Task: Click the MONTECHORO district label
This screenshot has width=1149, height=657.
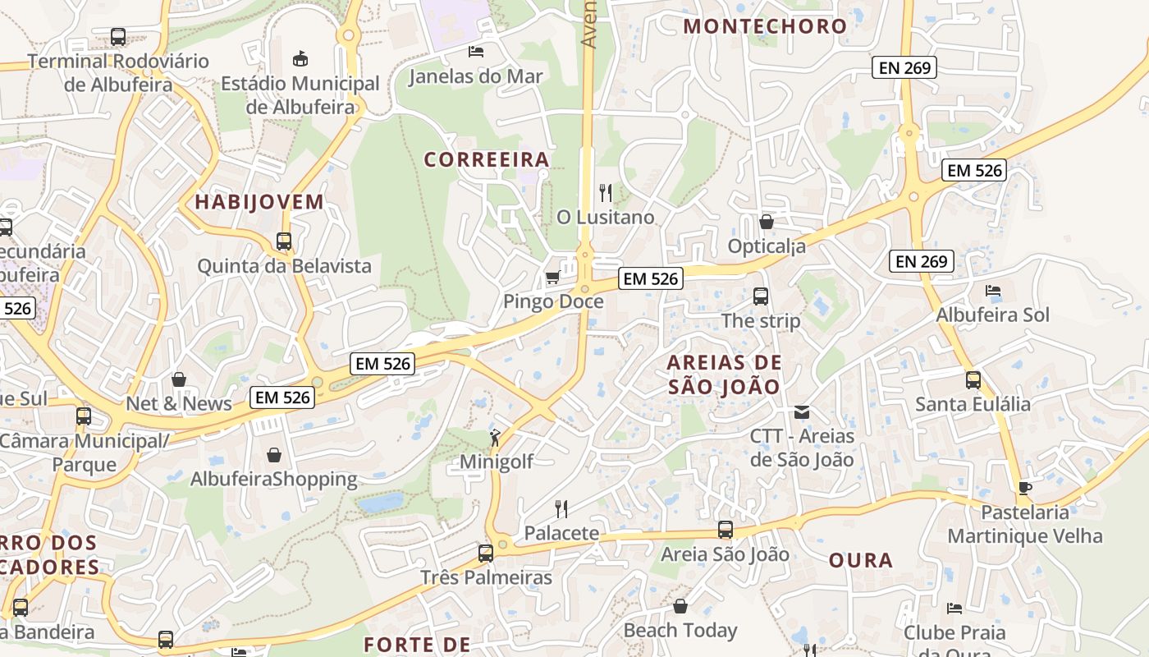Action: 765,26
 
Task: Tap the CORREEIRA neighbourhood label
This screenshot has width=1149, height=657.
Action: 487,159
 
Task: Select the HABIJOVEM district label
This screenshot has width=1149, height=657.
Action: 259,202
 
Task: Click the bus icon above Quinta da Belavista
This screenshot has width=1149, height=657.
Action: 284,241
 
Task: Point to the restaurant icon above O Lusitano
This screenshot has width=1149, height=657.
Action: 606,193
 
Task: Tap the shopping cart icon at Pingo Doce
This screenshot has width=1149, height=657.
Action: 553,278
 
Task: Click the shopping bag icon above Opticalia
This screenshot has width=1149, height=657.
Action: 767,222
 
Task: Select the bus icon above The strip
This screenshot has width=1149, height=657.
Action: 761,296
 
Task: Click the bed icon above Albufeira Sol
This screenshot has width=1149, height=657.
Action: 993,291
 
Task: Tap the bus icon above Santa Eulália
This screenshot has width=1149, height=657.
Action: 973,379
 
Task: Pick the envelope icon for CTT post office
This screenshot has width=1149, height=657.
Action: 802,412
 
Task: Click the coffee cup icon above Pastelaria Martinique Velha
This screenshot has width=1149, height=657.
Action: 1024,488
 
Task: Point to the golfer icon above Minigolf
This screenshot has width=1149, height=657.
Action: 495,438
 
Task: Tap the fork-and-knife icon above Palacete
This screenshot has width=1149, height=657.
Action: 561,509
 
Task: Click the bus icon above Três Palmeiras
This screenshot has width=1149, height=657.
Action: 486,554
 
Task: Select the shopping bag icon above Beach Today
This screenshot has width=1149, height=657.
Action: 680,606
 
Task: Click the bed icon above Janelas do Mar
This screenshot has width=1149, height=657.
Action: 475,52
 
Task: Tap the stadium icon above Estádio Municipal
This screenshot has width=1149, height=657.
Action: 300,58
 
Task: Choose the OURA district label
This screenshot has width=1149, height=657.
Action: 860,561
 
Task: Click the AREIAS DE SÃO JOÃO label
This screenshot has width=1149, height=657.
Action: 723,374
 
